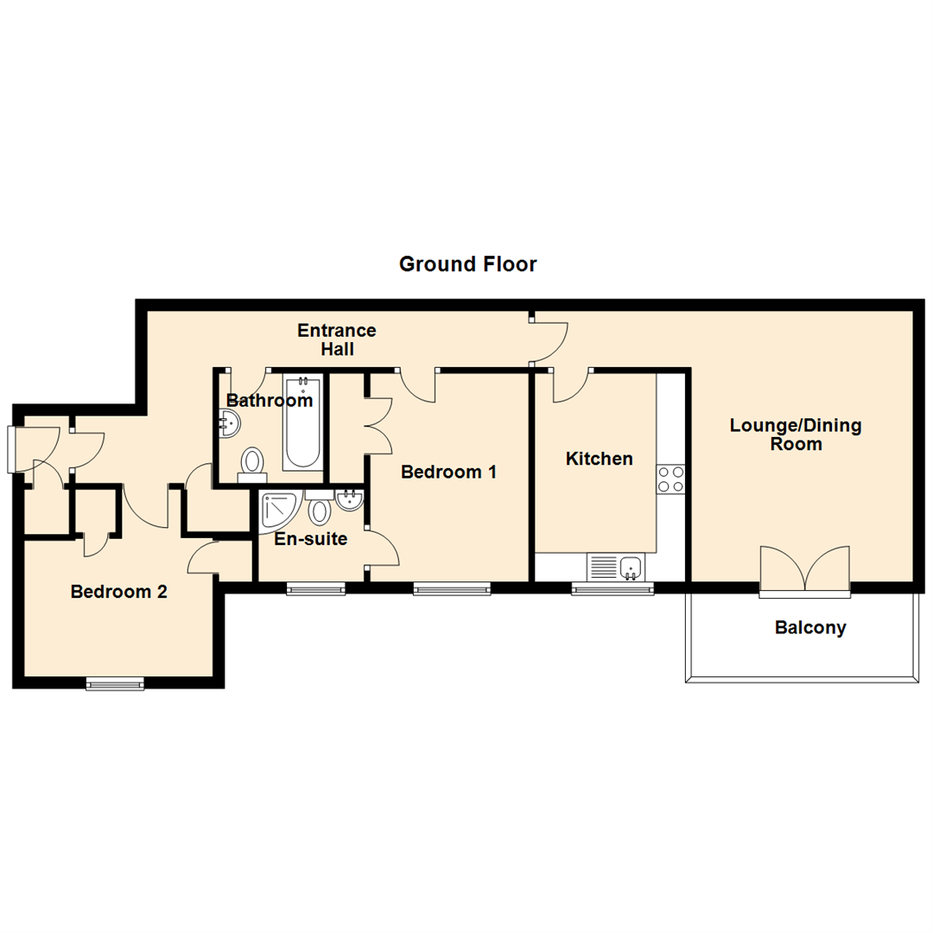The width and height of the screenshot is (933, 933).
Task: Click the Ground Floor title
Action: pyautogui.click(x=467, y=264)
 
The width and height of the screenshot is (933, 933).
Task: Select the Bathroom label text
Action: pyautogui.click(x=269, y=401)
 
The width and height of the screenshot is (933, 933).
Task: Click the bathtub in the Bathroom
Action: pyautogui.click(x=301, y=421)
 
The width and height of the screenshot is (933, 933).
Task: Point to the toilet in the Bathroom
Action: pyautogui.click(x=253, y=461)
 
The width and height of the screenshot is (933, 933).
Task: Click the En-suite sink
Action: pyautogui.click(x=350, y=498)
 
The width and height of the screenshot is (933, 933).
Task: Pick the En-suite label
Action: pyautogui.click(x=310, y=540)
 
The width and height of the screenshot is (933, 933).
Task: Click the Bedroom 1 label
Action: pyautogui.click(x=448, y=473)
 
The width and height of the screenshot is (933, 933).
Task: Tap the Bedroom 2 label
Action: pyautogui.click(x=118, y=593)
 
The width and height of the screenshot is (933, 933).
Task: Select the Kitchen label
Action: pyautogui.click(x=599, y=459)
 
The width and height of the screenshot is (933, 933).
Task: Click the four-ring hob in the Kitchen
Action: pyautogui.click(x=671, y=479)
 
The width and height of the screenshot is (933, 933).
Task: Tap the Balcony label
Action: pyautogui.click(x=809, y=628)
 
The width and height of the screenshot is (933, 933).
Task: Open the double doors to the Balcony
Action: pyautogui.click(x=805, y=570)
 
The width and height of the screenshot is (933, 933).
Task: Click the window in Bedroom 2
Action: pyautogui.click(x=115, y=684)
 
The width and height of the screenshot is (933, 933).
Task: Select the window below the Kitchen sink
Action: pyautogui.click(x=612, y=589)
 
